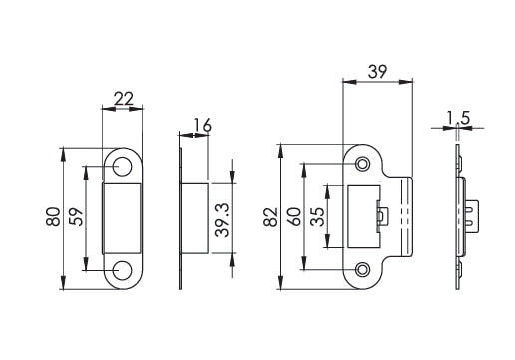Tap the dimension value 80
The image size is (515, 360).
pos(53,217)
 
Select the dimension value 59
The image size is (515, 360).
pos(75,217)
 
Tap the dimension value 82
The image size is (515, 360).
pos(269,217)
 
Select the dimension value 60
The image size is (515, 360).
pos(293,217)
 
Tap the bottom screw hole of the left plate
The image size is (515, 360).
pos(123,269)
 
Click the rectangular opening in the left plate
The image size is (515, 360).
pos(123,216)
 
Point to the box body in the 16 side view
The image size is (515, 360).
pos(194,216)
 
